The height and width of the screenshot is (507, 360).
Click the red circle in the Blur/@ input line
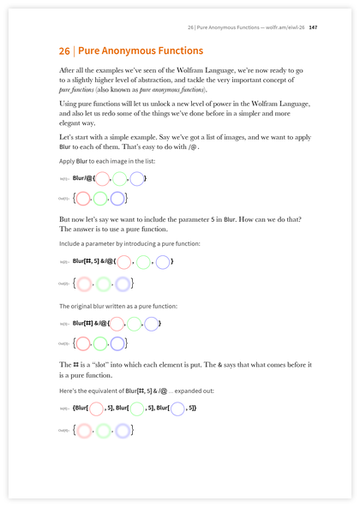coord(102,179)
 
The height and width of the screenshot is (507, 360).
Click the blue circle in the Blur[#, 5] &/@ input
coord(163,261)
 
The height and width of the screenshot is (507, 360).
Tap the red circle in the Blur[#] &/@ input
coord(115,324)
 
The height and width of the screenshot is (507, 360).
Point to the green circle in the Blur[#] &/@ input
coord(134,324)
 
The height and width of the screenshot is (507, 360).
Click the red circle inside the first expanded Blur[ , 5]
coord(96,409)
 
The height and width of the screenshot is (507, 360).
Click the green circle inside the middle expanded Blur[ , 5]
coord(137,409)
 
